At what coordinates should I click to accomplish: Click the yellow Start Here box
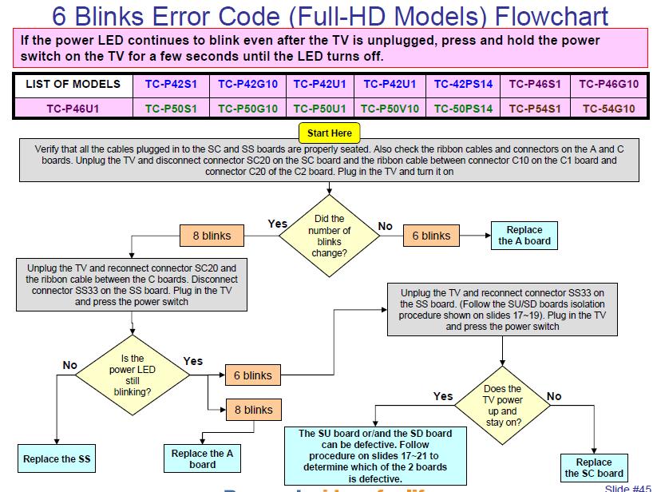pyautogui.click(x=330, y=133)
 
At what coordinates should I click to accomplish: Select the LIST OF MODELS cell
pyautogui.click(x=73, y=84)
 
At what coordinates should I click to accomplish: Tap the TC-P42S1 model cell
pyautogui.click(x=171, y=84)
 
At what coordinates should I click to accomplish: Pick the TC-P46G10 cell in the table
pyautogui.click(x=608, y=84)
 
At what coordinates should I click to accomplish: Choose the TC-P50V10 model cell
pyautogui.click(x=390, y=109)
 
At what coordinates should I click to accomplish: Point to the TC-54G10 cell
pyautogui.click(x=608, y=109)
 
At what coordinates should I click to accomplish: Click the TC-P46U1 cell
pyautogui.click(x=73, y=109)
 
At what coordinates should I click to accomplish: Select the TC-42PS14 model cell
pyautogui.click(x=463, y=84)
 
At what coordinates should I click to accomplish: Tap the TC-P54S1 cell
pyautogui.click(x=535, y=109)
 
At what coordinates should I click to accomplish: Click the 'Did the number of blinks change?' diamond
pyautogui.click(x=330, y=236)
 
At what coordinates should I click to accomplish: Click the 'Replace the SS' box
pyautogui.click(x=57, y=458)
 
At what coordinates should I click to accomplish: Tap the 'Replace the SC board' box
pyautogui.click(x=594, y=467)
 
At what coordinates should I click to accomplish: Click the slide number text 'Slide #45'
pyautogui.click(x=627, y=488)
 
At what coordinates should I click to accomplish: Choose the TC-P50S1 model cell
pyautogui.click(x=171, y=109)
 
